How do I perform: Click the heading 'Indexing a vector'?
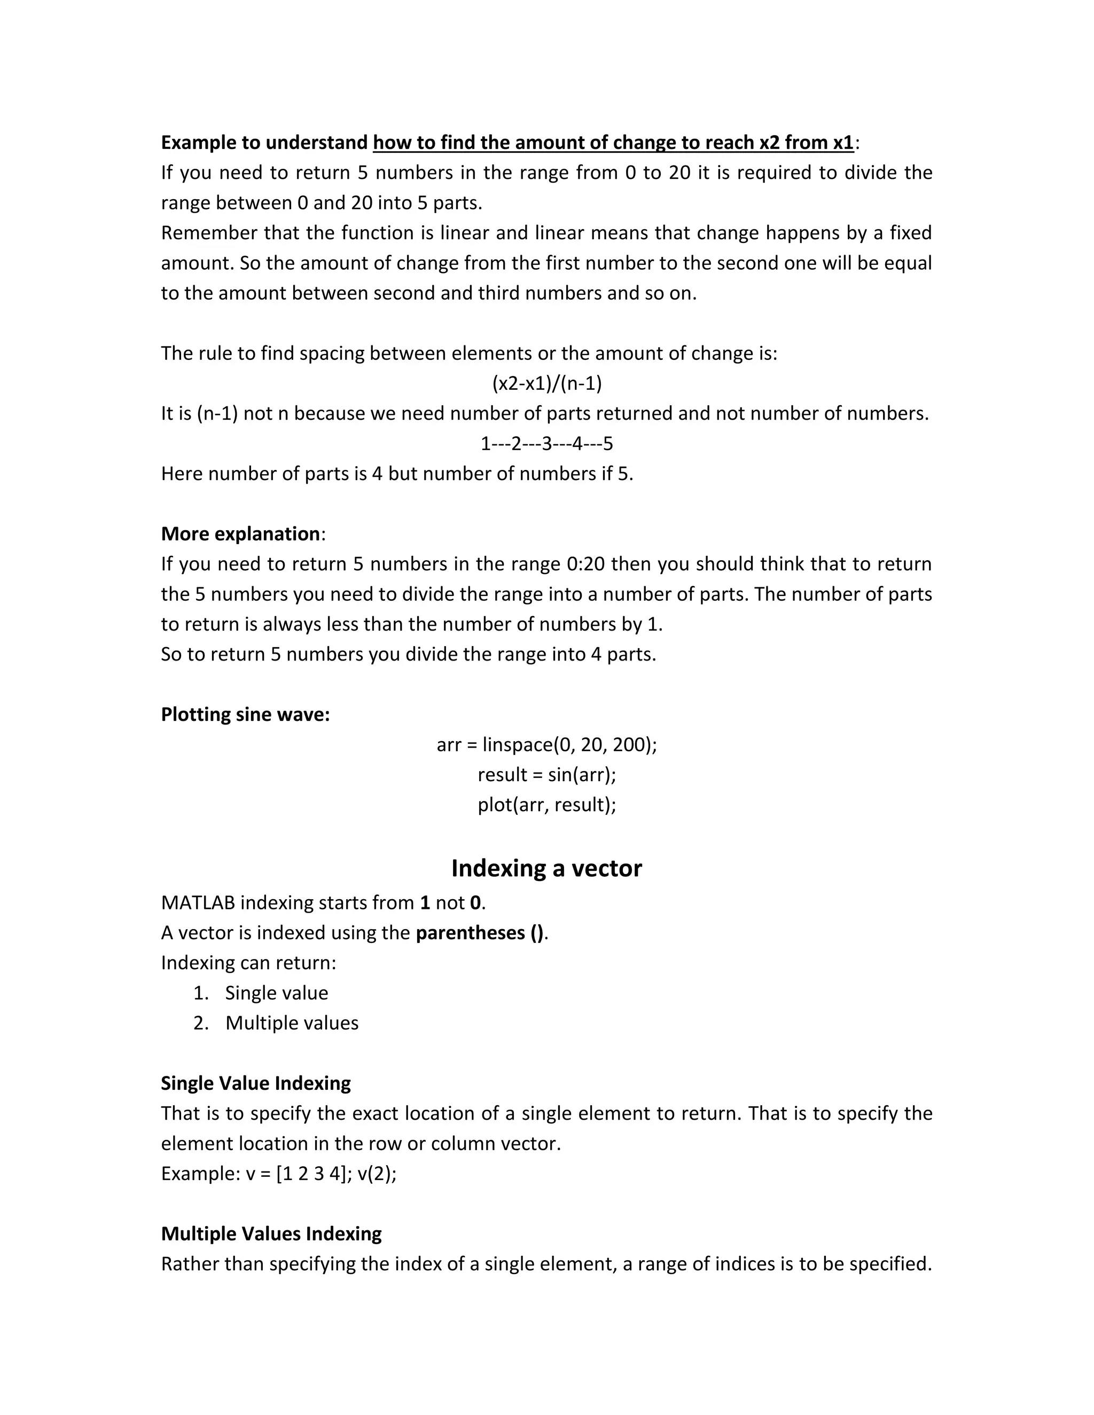546,868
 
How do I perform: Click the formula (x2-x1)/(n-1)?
547,383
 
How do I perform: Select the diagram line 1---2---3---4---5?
546,444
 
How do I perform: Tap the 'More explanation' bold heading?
240,534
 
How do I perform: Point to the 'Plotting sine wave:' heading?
246,714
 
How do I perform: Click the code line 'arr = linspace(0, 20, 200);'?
546,745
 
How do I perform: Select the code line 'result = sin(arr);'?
546,775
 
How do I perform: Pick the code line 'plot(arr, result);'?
546,805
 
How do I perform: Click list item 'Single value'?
276,993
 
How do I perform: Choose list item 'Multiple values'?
292,1023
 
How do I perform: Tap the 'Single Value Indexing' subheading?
256,1083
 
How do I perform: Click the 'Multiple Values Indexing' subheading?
271,1233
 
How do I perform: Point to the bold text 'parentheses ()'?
480,933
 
